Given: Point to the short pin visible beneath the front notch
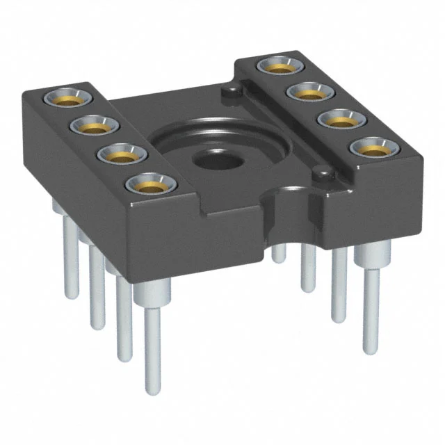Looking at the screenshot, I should click(279, 254).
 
